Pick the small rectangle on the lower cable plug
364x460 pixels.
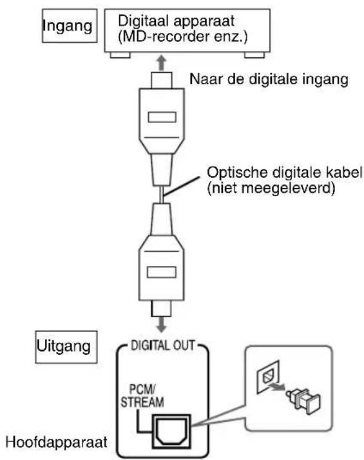click(x=160, y=271)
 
